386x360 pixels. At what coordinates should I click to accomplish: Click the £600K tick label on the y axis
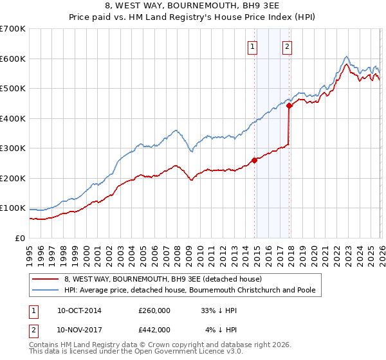click(x=13, y=59)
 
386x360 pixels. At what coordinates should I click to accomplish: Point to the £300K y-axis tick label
click(x=13, y=148)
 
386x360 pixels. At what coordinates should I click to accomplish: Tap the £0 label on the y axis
click(x=20, y=238)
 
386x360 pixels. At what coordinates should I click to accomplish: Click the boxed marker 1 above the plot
click(x=252, y=46)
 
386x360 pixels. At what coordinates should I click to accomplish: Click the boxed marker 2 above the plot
click(x=286, y=46)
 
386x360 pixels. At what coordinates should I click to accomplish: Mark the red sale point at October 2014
click(x=254, y=160)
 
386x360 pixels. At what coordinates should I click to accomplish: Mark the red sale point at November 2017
click(x=289, y=106)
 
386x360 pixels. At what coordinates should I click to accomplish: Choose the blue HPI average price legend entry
click(x=189, y=291)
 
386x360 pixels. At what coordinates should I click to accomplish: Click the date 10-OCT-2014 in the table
click(x=79, y=310)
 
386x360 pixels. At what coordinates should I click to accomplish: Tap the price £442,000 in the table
click(x=154, y=329)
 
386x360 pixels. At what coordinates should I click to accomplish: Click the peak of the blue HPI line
click(x=346, y=56)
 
